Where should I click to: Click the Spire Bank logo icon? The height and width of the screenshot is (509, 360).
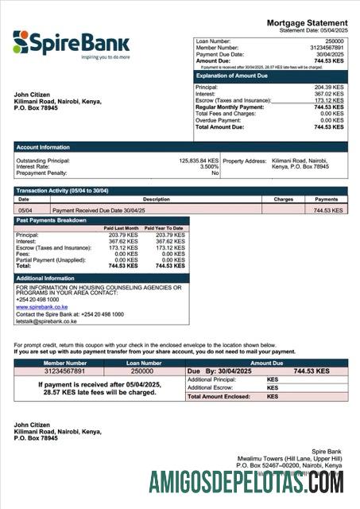(x=21, y=41)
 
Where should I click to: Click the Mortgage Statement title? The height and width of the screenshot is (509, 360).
(x=307, y=23)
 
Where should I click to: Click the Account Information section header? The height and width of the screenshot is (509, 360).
(x=43, y=148)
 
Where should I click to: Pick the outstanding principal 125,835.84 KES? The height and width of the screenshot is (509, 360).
(x=199, y=160)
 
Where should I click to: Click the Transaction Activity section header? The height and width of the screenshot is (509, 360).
(x=61, y=191)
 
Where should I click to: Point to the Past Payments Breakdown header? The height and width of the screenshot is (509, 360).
(x=52, y=220)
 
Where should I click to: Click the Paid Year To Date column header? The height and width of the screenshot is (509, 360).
(x=168, y=228)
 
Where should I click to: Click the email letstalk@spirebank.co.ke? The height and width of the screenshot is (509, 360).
(x=46, y=321)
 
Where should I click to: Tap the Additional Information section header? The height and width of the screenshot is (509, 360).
(x=46, y=278)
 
